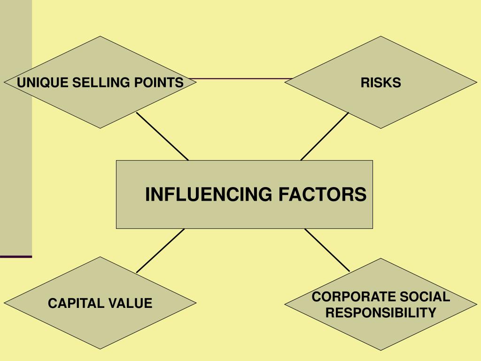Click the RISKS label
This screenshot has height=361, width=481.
380,83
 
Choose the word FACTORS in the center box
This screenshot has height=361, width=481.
322,194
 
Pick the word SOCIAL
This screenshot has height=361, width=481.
425,297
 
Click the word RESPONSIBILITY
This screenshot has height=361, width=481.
380,312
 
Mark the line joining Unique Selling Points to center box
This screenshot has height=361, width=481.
162,136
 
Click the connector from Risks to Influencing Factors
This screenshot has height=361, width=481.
325,136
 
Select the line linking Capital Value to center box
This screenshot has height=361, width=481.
160,251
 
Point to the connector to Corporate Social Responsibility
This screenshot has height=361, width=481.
327,250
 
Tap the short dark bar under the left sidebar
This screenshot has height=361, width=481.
16,257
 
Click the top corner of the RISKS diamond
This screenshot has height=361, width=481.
380,37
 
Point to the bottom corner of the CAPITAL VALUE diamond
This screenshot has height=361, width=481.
100,349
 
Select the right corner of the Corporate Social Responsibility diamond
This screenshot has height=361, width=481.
476,304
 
